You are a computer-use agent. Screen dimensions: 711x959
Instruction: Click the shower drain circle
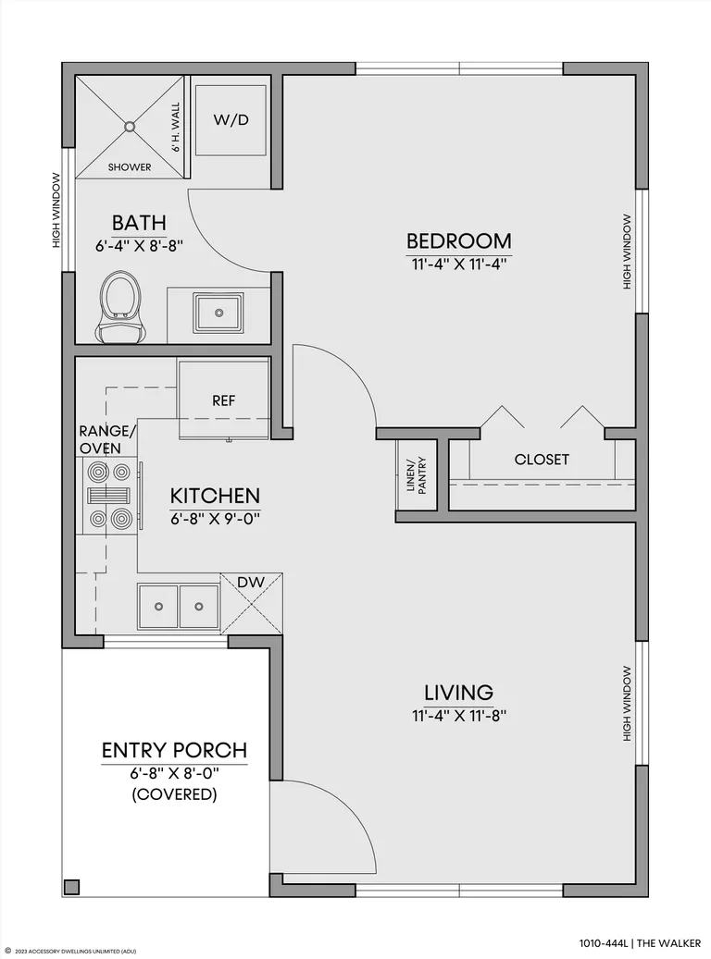pos(130,127)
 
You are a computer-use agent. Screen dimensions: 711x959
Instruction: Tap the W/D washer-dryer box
pos(231,120)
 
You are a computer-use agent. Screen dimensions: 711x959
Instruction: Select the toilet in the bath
pos(119,308)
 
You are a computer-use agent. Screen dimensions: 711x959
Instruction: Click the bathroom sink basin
pos(218,314)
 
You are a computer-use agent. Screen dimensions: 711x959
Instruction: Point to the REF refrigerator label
pos(223,400)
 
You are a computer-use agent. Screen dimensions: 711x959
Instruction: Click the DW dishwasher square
pos(251,604)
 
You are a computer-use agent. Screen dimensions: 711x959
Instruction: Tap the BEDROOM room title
pos(458,241)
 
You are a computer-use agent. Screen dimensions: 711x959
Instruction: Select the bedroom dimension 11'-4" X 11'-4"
pos(458,264)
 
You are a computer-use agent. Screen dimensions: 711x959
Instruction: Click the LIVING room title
pos(458,693)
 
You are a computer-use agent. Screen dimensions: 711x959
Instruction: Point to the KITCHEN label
pos(215,496)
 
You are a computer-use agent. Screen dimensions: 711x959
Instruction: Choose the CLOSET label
pos(542,460)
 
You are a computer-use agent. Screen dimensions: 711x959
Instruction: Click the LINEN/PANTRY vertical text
pos(417,474)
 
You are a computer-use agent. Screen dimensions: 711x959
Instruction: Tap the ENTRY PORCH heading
pos(175,750)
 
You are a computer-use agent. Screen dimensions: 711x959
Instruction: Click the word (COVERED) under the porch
pos(175,794)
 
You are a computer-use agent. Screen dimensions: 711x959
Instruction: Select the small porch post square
pos(71,887)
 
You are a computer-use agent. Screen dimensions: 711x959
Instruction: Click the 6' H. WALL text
pos(176,128)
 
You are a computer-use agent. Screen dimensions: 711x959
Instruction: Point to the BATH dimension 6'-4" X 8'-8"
pos(140,247)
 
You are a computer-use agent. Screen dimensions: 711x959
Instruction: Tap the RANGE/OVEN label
pos(107,440)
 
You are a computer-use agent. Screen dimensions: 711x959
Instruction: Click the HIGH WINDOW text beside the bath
pos(56,211)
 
